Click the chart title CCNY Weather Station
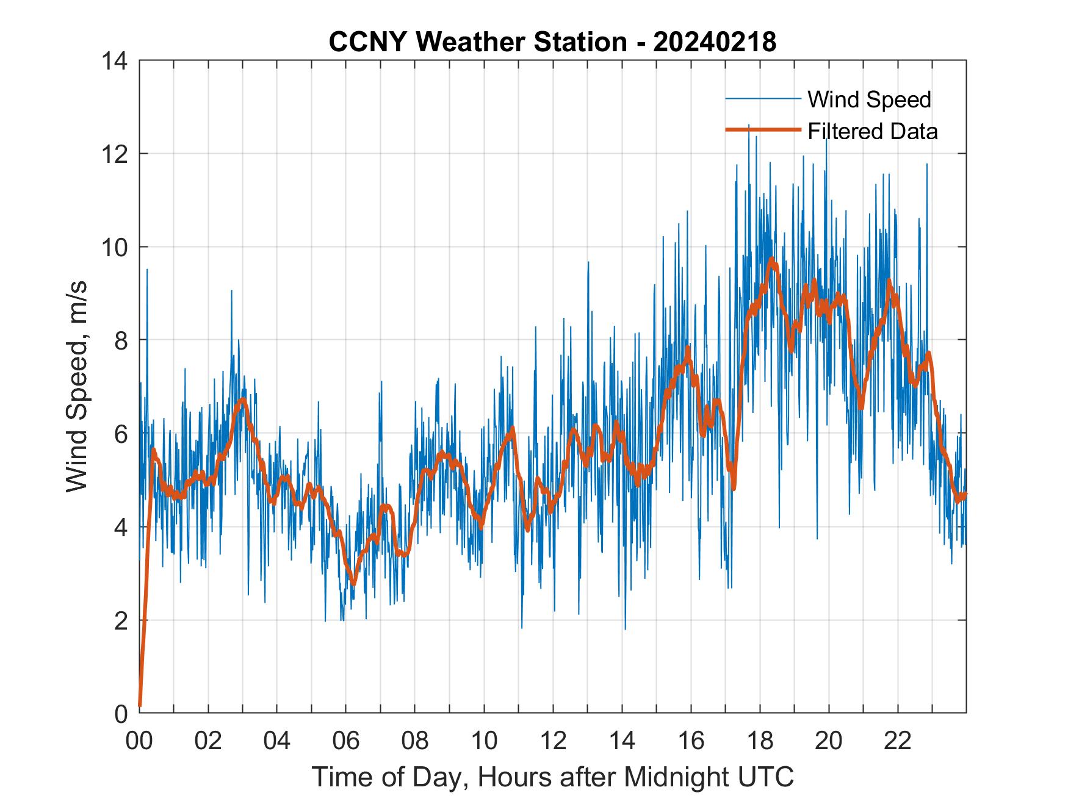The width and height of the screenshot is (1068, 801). click(x=477, y=42)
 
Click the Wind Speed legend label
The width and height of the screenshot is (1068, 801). click(x=869, y=99)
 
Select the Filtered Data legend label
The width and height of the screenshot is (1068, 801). click(x=872, y=131)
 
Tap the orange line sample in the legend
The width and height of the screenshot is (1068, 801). click(x=763, y=130)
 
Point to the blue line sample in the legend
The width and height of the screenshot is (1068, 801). click(x=763, y=99)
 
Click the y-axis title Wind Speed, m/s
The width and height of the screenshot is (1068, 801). click(x=78, y=386)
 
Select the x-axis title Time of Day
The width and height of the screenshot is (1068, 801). click(x=552, y=777)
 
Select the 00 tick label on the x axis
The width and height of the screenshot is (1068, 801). click(x=139, y=741)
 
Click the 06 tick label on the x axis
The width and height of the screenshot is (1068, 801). click(x=346, y=741)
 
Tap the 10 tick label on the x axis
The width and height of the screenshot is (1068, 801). click(x=484, y=741)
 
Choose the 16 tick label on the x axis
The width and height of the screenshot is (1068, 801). click(x=691, y=741)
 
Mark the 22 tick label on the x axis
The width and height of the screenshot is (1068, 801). click(x=898, y=741)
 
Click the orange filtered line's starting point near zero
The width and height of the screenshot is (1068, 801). click(x=140, y=705)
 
